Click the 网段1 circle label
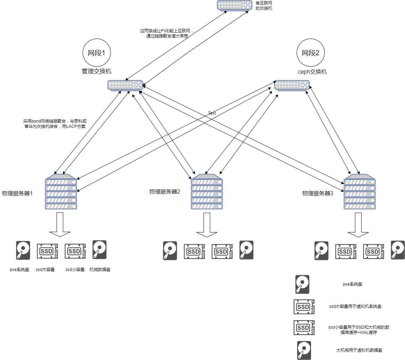97,53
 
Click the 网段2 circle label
311,53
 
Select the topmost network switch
234,6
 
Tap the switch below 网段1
125,85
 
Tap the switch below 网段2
292,85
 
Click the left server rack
61,192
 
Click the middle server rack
207,192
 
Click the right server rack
359,192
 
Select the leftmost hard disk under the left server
23,250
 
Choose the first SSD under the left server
47,251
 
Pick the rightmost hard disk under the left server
99,249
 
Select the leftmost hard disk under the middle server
170,251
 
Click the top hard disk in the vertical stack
302,285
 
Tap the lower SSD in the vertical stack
304,328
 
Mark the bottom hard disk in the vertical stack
304,350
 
